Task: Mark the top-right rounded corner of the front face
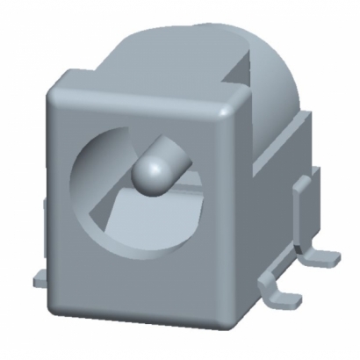[231, 105]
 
